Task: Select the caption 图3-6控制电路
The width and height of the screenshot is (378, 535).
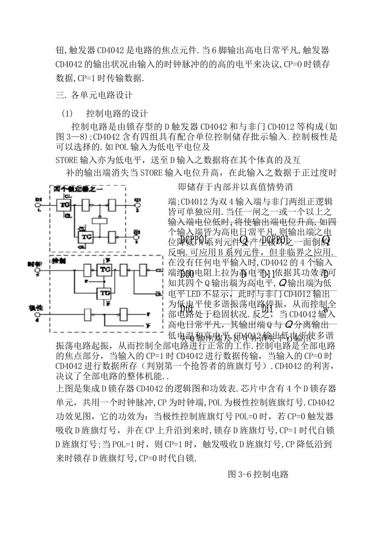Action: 258,474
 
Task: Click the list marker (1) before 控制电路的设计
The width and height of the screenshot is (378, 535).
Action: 67,114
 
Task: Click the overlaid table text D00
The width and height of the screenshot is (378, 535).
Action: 187,274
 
